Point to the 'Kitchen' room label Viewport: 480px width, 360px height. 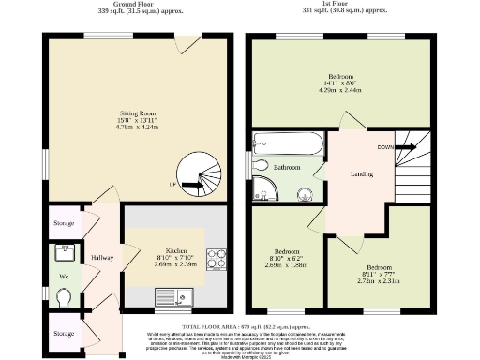(x=175, y=251)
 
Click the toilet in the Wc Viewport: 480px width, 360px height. (x=63, y=298)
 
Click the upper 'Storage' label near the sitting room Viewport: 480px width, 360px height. (x=64, y=224)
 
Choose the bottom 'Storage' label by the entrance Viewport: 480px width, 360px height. (x=64, y=333)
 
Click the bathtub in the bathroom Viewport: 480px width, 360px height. (x=287, y=143)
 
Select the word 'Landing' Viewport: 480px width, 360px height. (x=362, y=173)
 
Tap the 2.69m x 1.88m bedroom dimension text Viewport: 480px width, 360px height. (x=286, y=264)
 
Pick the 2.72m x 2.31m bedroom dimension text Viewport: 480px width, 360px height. (x=379, y=280)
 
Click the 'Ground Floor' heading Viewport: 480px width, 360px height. (x=134, y=4)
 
